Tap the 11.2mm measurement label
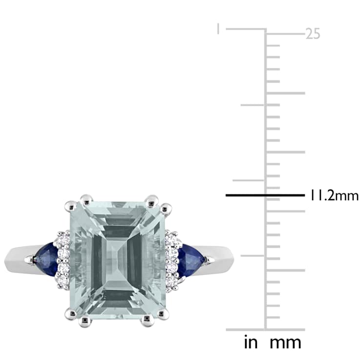pos(331,196)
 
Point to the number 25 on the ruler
pos(313,34)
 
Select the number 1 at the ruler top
pos(219,29)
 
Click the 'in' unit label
pos(250,341)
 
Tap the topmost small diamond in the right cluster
pos(171,236)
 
